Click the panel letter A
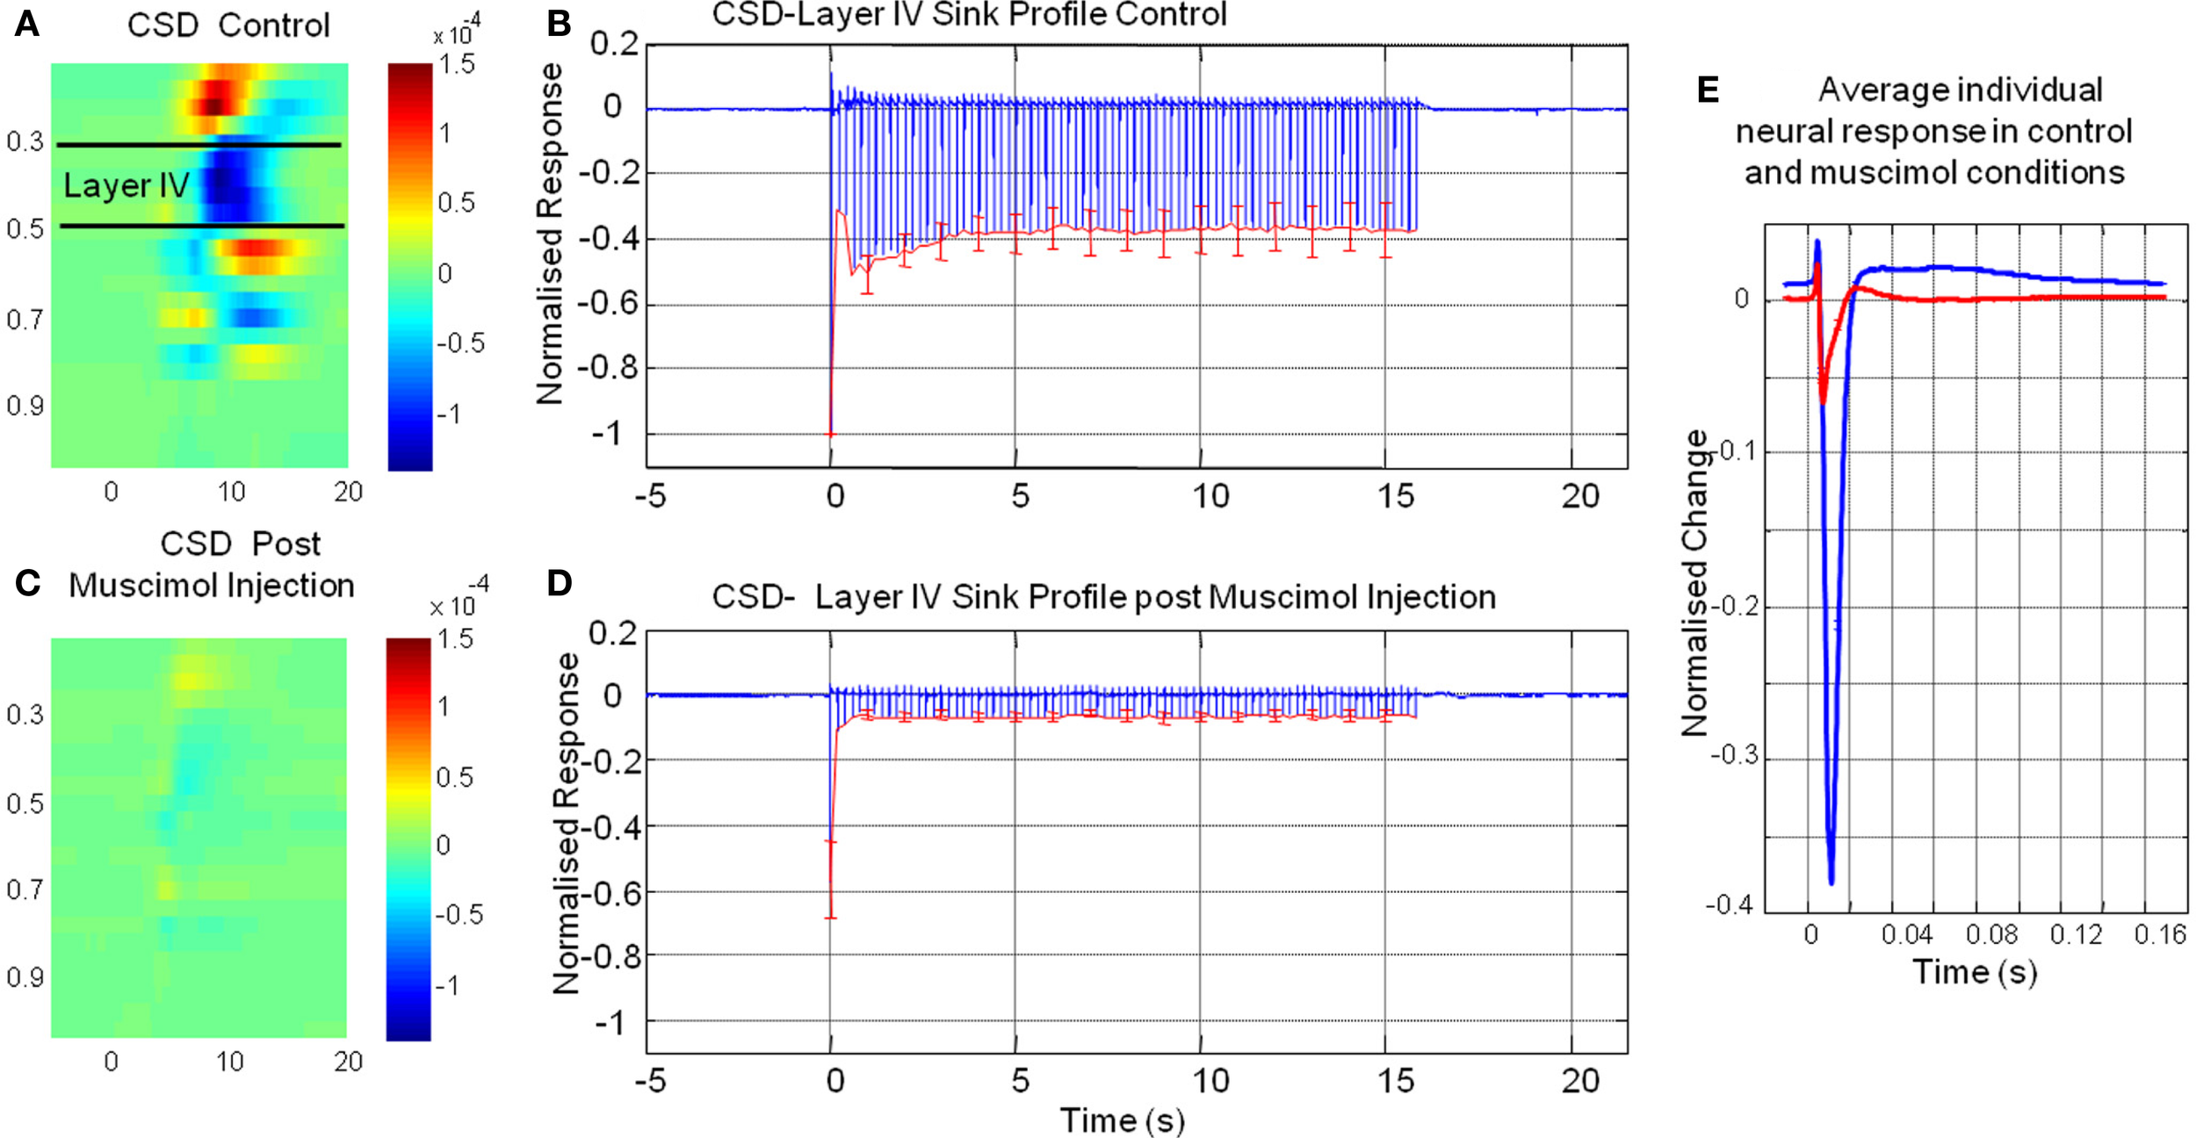(x=26, y=24)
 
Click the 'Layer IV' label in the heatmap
(x=126, y=185)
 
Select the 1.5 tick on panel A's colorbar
(x=457, y=64)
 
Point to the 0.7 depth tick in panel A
(x=24, y=319)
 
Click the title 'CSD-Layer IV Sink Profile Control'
(x=968, y=15)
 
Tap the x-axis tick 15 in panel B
(x=1395, y=497)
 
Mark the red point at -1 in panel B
(x=831, y=434)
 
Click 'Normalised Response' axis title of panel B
(x=550, y=234)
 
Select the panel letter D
(x=560, y=583)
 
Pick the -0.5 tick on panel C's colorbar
(x=459, y=914)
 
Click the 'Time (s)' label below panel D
(x=1122, y=1120)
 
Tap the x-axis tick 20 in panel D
(x=1579, y=1081)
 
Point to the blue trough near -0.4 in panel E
(x=1831, y=881)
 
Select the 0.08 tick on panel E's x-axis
(x=1991, y=934)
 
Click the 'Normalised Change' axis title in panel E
(x=1695, y=582)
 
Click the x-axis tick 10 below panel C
(x=229, y=1062)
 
